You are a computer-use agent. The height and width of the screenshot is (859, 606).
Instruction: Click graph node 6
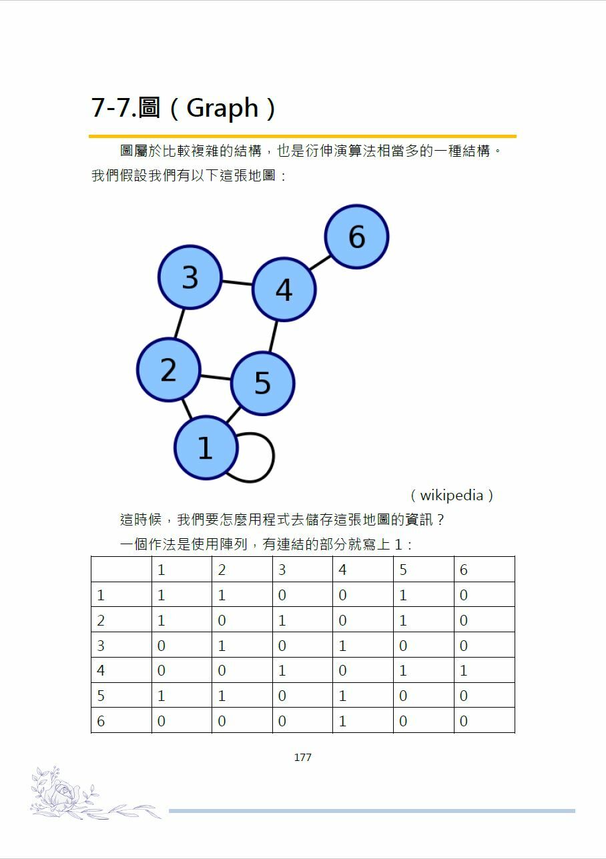click(356, 237)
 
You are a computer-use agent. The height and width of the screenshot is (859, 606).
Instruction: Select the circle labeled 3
click(190, 277)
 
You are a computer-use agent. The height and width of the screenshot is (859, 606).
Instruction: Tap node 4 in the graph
click(284, 289)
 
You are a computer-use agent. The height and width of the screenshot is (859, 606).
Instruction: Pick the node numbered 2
click(168, 369)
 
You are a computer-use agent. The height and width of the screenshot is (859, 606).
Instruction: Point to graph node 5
click(262, 383)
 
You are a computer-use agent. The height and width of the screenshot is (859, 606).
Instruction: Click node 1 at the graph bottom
click(206, 448)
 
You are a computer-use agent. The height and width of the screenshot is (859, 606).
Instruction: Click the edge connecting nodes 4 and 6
click(320, 263)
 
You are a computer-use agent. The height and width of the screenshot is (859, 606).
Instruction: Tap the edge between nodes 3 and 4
click(237, 283)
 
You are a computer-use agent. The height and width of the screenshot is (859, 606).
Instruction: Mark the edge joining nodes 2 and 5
click(216, 377)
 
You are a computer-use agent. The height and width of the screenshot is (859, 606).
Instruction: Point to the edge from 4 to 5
click(272, 336)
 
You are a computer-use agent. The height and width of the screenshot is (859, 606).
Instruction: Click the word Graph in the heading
click(222, 108)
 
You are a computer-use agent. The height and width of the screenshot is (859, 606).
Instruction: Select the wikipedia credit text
click(451, 496)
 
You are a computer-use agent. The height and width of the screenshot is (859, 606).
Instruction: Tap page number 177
click(302, 758)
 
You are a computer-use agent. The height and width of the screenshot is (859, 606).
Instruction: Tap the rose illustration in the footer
click(63, 794)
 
